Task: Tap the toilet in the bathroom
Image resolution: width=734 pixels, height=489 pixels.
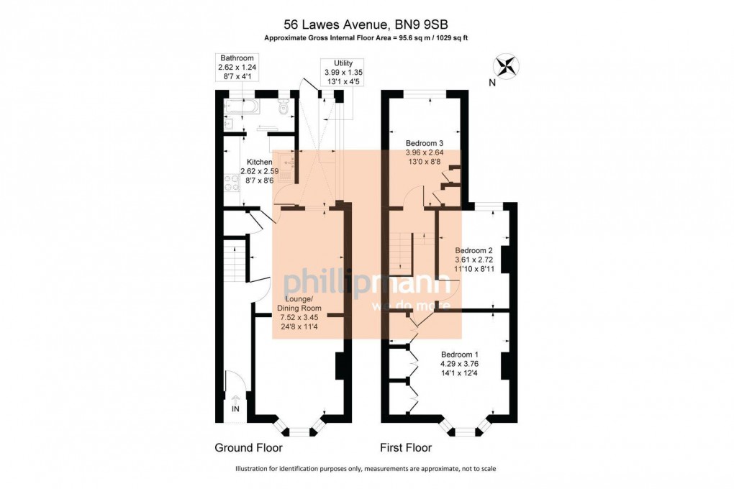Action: click(x=284, y=109)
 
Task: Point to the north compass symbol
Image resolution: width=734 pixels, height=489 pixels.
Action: click(x=507, y=66)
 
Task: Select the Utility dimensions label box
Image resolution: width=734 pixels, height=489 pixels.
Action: click(x=342, y=72)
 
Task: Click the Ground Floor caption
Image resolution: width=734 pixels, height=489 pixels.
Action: click(x=248, y=448)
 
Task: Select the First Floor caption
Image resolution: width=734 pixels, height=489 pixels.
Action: click(x=406, y=448)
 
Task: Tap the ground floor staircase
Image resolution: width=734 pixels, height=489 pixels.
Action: click(x=234, y=262)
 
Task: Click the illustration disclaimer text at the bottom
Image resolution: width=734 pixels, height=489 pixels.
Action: click(x=366, y=469)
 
